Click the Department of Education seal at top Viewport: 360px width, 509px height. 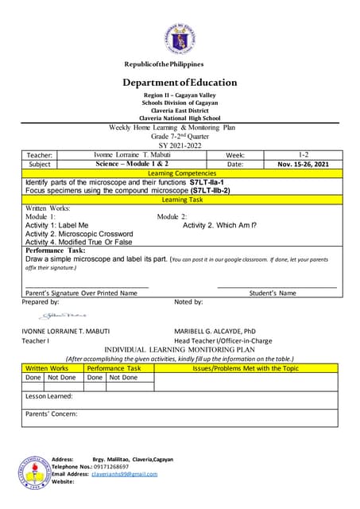pos(180,29)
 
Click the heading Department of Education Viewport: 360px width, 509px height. pos(180,83)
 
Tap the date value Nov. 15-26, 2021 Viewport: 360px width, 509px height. pos(303,164)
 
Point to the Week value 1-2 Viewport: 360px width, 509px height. pos(303,154)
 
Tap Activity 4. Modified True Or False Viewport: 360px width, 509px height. pos(79,242)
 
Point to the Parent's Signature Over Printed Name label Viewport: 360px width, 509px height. pos(81,293)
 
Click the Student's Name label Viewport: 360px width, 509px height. pos(273,293)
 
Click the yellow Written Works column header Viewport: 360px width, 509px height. pos(48,368)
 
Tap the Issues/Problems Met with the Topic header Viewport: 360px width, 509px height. pos(246,368)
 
